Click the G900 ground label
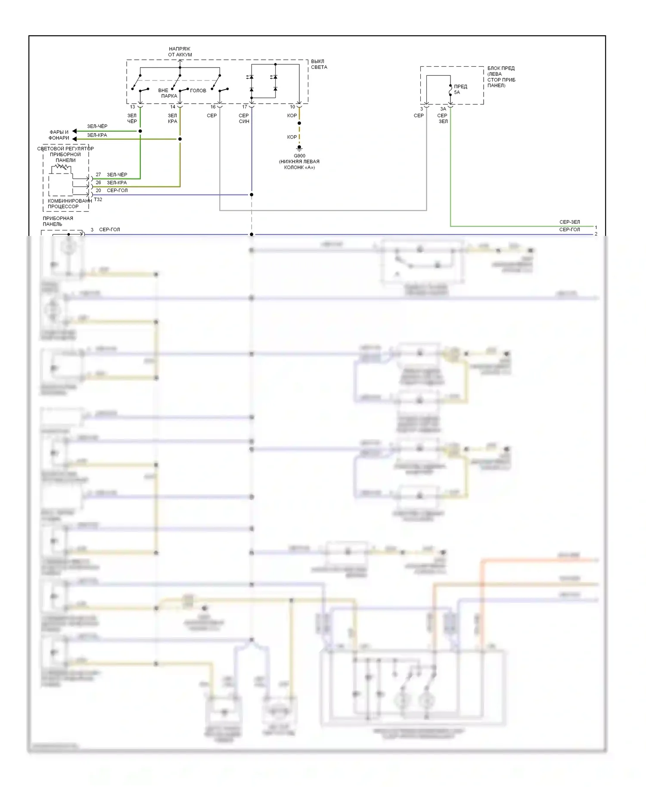coord(299,156)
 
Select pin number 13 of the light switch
coord(133,107)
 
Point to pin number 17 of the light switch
coord(245,107)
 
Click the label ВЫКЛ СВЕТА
coord(319,64)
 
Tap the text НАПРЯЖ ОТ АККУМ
coord(180,52)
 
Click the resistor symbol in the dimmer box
coord(63,167)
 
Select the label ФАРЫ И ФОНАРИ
coord(59,135)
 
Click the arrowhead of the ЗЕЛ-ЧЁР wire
coord(75,131)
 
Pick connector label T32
coord(98,199)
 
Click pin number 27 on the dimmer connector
coord(98,174)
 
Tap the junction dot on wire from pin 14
coord(180,139)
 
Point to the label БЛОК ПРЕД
coord(501,68)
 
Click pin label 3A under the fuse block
coord(443,109)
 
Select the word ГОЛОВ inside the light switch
coord(198,90)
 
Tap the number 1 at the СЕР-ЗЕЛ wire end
coord(596,227)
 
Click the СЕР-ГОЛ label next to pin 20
coord(117,190)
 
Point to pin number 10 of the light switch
coord(292,107)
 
